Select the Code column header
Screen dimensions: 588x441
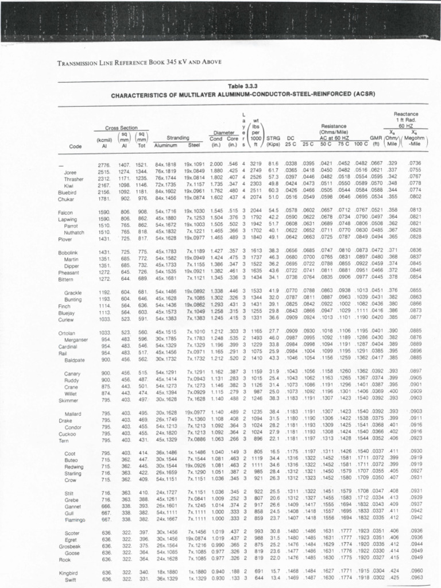click(75, 146)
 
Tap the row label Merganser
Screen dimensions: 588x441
click(74, 339)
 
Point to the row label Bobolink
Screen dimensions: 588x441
click(68, 253)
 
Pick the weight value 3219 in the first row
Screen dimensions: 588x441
click(256, 165)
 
